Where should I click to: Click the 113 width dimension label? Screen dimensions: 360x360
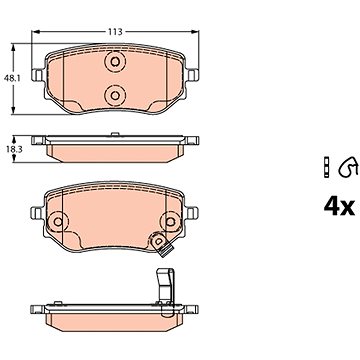click(115, 32)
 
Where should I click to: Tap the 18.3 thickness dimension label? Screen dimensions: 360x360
click(14, 150)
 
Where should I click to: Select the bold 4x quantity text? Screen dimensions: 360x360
click(339, 207)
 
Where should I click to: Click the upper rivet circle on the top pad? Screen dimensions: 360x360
click(115, 62)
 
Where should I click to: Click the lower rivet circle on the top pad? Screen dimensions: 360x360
click(115, 95)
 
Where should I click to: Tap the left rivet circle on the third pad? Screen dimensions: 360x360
click(58, 221)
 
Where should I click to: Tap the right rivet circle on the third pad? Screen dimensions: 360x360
click(170, 221)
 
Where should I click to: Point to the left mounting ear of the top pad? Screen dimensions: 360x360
click(38, 75)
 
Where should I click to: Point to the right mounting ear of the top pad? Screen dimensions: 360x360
click(192, 75)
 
